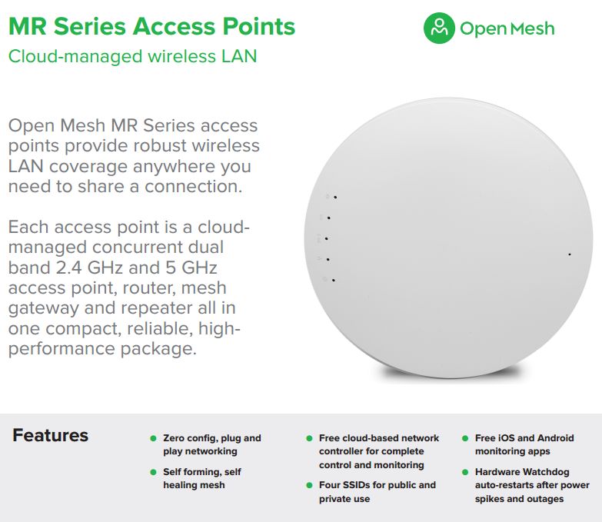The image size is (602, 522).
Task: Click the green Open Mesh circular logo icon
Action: pos(439,28)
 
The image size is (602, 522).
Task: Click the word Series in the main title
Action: pos(89,26)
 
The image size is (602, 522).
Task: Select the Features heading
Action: pos(50,435)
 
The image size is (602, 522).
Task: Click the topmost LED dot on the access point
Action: pos(335,198)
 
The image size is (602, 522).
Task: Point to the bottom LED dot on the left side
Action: pos(333,280)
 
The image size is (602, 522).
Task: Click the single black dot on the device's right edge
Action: pos(570,254)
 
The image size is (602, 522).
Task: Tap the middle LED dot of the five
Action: pos(326,239)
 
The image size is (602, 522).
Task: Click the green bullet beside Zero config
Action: pos(153,438)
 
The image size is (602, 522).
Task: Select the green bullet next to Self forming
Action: pos(153,472)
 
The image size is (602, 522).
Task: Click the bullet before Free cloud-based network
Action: pos(309,438)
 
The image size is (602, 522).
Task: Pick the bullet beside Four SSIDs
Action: pos(309,485)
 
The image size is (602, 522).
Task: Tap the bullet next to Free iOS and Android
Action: pos(465,438)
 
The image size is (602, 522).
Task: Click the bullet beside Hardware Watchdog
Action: pos(465,472)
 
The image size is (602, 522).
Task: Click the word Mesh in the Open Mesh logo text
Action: pos(533,28)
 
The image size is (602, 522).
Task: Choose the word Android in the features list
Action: pos(556,438)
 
